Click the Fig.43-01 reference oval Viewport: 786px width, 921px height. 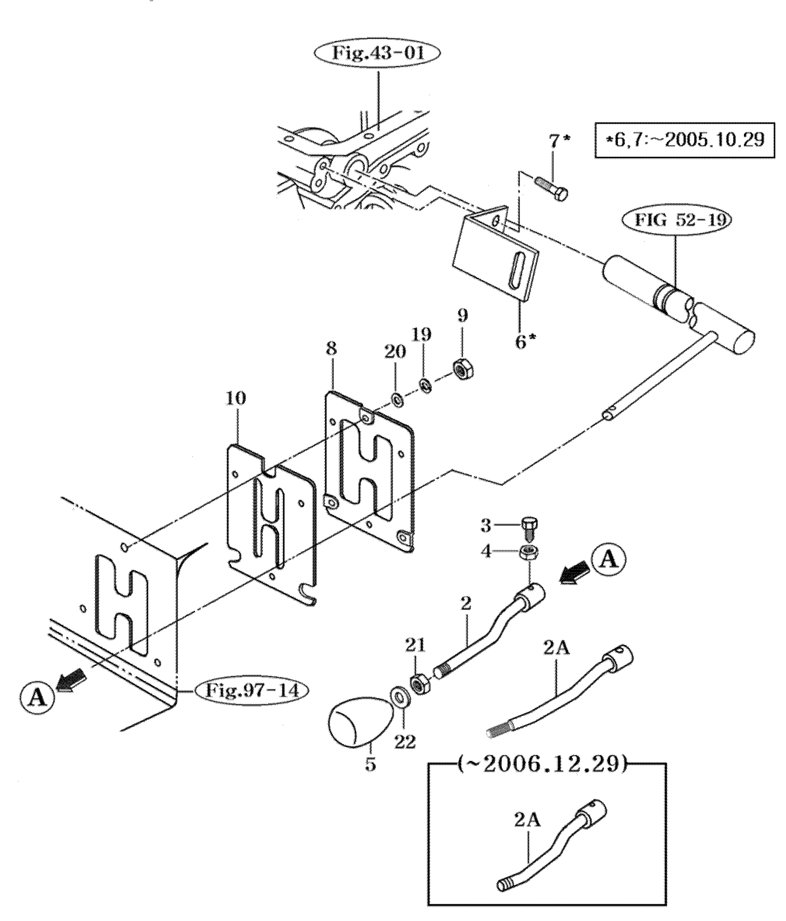(x=377, y=54)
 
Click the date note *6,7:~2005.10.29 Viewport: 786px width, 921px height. (x=684, y=140)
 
